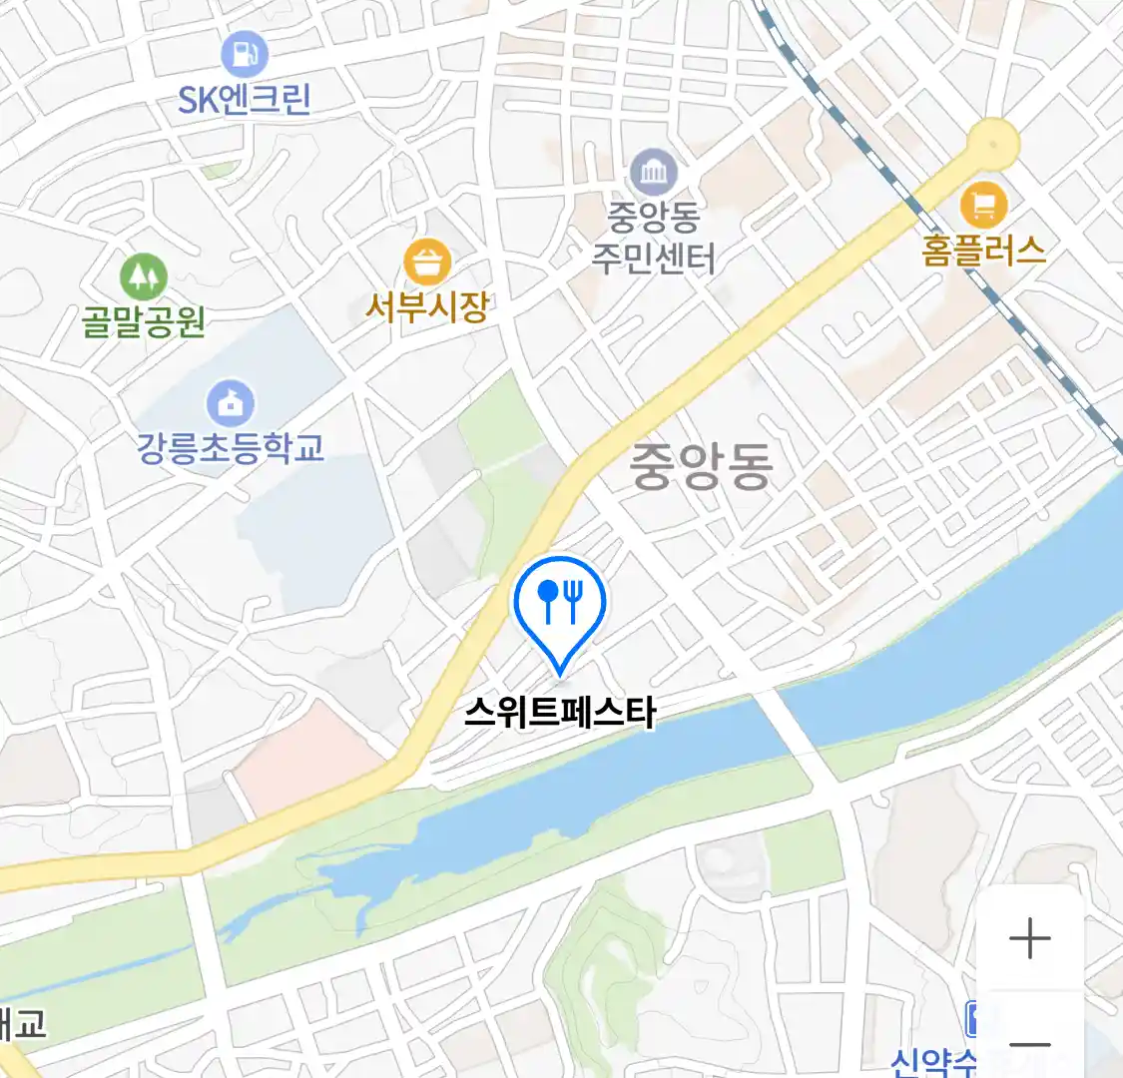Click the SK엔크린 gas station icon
[x=245, y=53]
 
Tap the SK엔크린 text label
[x=245, y=99]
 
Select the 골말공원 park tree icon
[x=143, y=275]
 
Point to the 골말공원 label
[x=143, y=321]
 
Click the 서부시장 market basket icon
[x=427, y=263]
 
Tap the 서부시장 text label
[x=427, y=306]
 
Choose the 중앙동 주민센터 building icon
[x=654, y=173]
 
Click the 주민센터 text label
[x=654, y=259]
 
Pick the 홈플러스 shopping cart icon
[x=983, y=206]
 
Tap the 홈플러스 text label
[x=983, y=250]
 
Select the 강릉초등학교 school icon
[x=231, y=403]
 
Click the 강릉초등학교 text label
[x=231, y=447]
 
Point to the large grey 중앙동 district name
[x=702, y=466]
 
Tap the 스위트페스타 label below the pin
[x=560, y=713]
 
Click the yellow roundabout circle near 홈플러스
[x=993, y=144]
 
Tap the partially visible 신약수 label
[x=933, y=1060]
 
